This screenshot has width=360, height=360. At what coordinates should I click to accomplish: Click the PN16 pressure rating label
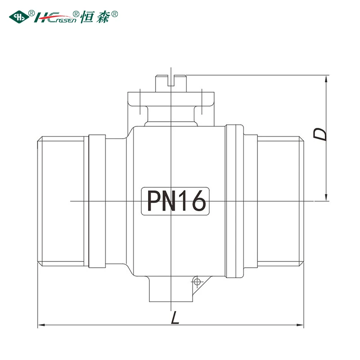point(175,201)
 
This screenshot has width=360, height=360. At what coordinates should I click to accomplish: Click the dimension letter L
point(175,318)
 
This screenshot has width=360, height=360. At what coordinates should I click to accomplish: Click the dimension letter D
point(319,134)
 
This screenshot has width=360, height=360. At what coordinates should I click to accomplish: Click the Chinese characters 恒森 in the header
point(96,17)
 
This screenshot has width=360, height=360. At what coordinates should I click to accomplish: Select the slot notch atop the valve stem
point(171,81)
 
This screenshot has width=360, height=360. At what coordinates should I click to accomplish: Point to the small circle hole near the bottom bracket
point(197,282)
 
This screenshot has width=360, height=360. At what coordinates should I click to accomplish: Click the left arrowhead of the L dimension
point(41,325)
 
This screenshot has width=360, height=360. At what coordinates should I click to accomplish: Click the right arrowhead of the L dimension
point(300,325)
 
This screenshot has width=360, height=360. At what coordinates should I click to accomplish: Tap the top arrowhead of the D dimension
point(326,79)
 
